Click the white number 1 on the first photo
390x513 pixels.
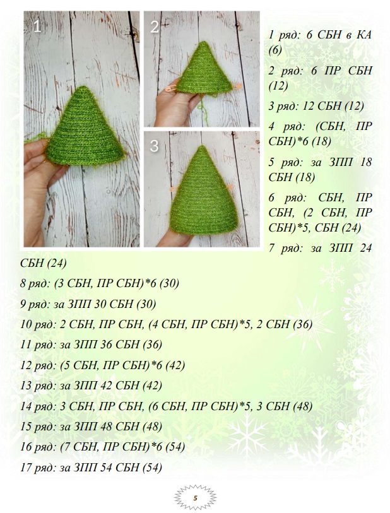(x=37, y=27)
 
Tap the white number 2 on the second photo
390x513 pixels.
(x=155, y=27)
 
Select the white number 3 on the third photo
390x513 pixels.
(x=154, y=146)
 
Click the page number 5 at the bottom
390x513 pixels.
(x=196, y=498)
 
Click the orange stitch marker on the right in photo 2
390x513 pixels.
(x=237, y=86)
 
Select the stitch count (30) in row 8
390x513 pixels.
(x=169, y=283)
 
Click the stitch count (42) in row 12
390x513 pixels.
(x=175, y=365)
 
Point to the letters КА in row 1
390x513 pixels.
(x=363, y=35)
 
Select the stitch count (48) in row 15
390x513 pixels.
(x=152, y=427)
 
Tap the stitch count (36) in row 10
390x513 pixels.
(x=303, y=324)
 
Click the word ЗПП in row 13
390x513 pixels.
(x=85, y=386)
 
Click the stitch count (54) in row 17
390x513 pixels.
(x=152, y=467)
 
